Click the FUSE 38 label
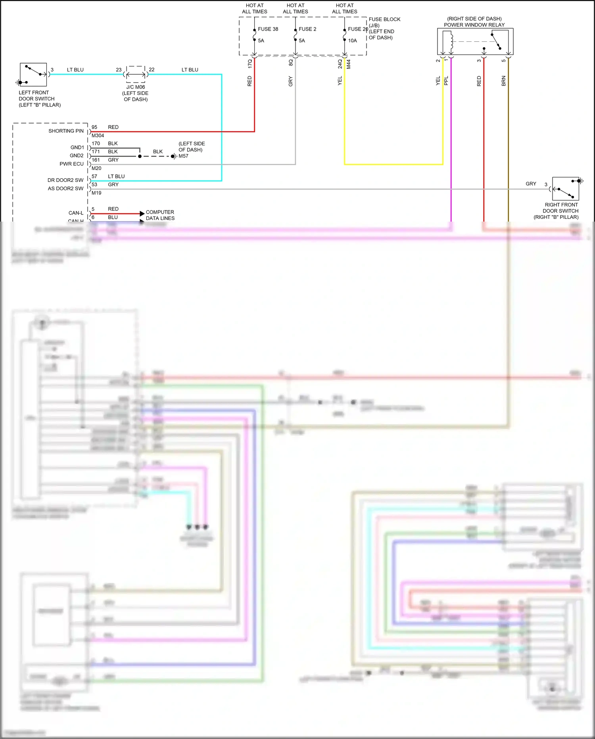268,29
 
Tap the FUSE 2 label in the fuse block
307,29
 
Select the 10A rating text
352,41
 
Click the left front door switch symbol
33,75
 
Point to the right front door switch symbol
566,189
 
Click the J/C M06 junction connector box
136,74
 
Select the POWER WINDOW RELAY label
474,25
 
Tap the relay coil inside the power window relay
451,41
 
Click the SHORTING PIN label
66,131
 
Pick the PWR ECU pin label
71,164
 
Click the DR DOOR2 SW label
65,180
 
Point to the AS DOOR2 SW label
65,189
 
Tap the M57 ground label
183,156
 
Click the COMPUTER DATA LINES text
160,215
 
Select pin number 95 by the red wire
94,127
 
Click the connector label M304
98,135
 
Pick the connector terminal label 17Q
250,64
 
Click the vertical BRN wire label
504,81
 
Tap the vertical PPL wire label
446,81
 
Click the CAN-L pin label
76,213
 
